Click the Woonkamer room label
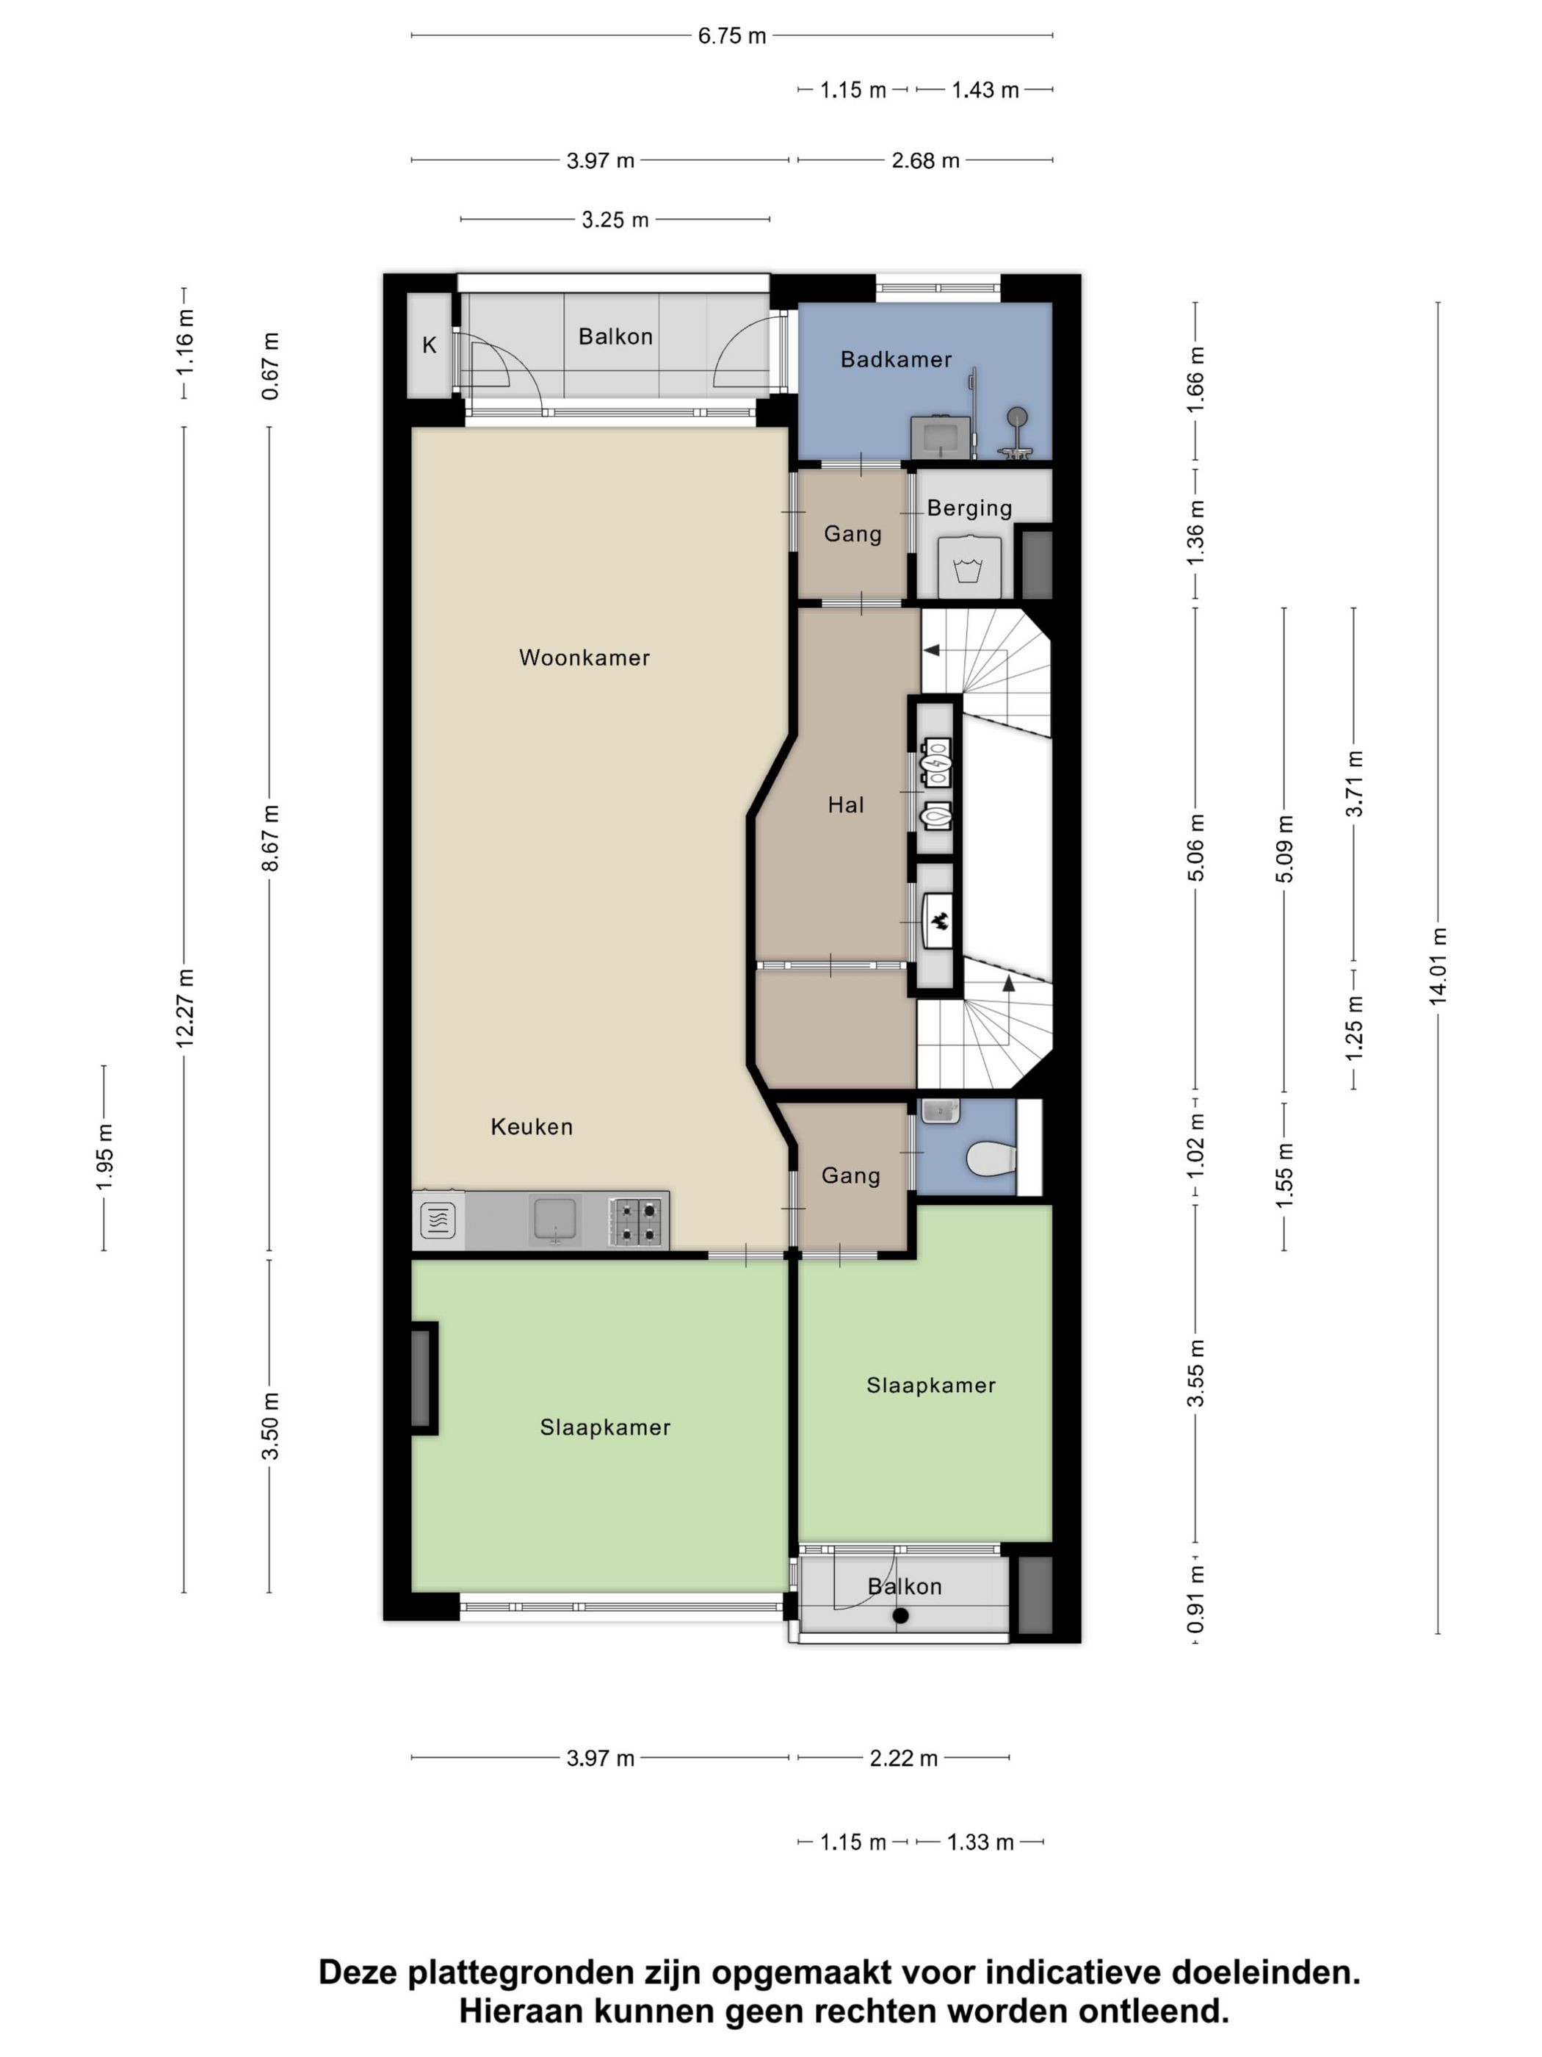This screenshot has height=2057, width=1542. (x=584, y=658)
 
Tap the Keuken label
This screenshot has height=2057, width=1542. (x=532, y=1126)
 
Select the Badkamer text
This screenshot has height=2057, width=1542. (x=896, y=359)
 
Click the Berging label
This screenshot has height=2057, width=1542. (x=969, y=508)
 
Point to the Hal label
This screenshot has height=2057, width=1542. (x=846, y=804)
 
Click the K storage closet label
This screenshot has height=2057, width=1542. (x=430, y=345)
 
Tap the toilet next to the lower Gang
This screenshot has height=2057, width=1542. (x=989, y=1159)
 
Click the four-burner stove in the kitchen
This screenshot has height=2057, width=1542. (x=637, y=1221)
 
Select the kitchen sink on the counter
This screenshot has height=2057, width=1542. (x=555, y=1219)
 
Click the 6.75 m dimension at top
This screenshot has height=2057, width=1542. (x=731, y=35)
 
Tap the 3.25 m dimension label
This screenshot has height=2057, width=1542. (x=615, y=220)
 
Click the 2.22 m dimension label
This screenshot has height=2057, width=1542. (x=902, y=1757)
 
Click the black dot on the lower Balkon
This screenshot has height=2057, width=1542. (x=899, y=1616)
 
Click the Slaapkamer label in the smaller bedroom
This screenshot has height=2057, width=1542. (x=930, y=1386)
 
